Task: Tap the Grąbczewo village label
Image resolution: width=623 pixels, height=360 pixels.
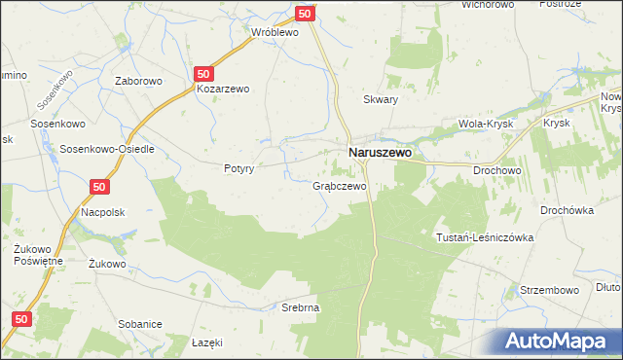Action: pos(339,185)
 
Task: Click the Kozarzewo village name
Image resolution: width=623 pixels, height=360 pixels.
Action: pos(223,89)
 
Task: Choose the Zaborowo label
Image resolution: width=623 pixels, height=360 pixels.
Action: pos(136,82)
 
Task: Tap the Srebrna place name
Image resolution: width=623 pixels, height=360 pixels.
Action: pos(300,307)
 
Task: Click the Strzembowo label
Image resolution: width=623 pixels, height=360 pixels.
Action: pos(550,290)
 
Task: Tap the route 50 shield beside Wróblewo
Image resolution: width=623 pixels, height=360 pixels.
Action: pos(305,14)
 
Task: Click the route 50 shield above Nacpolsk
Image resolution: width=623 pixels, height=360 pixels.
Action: pos(100,186)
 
